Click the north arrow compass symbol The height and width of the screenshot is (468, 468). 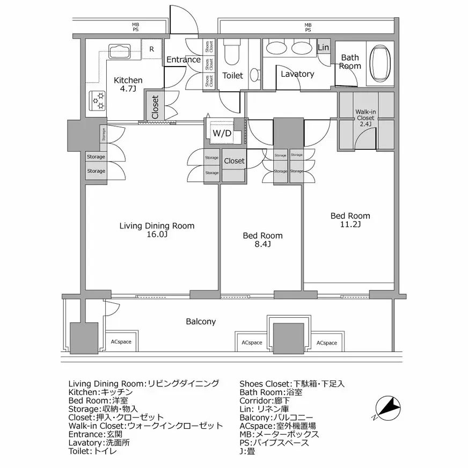coord(387,406)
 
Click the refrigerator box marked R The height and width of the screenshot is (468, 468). coord(152,49)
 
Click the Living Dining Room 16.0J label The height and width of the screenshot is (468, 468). coord(157,230)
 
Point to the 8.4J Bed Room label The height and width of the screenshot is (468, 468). coord(262,240)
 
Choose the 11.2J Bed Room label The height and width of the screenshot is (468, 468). coord(350,220)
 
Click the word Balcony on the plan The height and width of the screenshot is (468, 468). coord(201,321)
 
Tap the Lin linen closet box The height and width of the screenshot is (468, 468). coord(324,47)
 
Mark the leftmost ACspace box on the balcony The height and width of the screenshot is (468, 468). coord(121,342)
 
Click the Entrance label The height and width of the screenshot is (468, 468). coord(183,60)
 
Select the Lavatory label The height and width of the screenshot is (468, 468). coord(297,74)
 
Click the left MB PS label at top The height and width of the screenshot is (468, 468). coord(135,27)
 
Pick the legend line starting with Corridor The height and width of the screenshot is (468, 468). coord(266,400)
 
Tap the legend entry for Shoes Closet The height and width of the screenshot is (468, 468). coord(292,383)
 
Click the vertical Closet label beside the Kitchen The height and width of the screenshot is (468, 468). coord(155,106)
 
